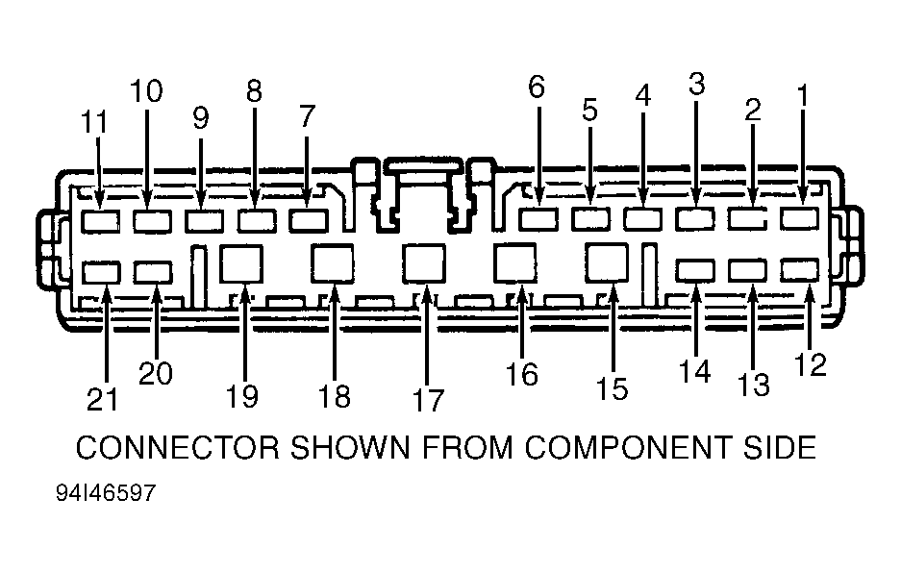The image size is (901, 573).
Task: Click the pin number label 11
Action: (94, 122)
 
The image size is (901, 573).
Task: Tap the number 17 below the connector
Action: (428, 400)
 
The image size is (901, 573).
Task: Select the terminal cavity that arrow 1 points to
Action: (799, 218)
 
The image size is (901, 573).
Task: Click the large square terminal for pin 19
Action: (241, 263)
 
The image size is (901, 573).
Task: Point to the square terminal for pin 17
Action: (424, 263)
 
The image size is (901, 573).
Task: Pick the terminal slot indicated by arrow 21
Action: (101, 272)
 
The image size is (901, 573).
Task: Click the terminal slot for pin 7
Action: (309, 221)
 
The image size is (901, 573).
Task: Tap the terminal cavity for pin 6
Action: (538, 219)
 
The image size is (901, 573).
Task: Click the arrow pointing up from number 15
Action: (613, 328)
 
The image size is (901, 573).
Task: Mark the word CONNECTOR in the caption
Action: (178, 447)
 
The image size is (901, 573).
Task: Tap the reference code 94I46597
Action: (106, 492)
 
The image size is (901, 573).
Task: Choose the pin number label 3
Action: (696, 84)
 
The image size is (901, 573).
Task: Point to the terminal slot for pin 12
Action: (799, 270)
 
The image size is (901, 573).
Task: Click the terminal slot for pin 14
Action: (695, 270)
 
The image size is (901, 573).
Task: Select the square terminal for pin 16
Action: (515, 262)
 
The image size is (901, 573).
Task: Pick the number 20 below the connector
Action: (156, 373)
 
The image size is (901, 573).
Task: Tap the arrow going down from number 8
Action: (255, 158)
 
